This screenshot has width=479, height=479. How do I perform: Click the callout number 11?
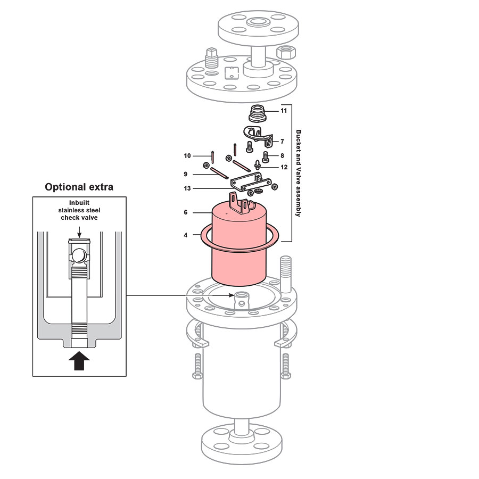click(284, 111)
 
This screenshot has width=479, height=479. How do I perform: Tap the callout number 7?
click(283, 142)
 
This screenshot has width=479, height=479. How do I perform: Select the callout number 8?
click(282, 156)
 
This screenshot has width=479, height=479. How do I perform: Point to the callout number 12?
click(284, 167)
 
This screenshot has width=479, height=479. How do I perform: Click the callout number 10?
click(187, 156)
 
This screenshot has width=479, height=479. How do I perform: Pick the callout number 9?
click(185, 174)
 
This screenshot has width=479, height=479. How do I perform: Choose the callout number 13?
click(187, 188)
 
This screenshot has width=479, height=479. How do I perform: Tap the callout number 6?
click(185, 212)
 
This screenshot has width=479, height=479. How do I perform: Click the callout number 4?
click(185, 235)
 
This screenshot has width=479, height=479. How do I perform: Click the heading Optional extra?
click(79, 187)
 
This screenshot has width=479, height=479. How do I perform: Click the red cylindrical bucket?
click(239, 250)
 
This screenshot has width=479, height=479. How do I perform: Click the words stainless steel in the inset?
click(79, 210)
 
